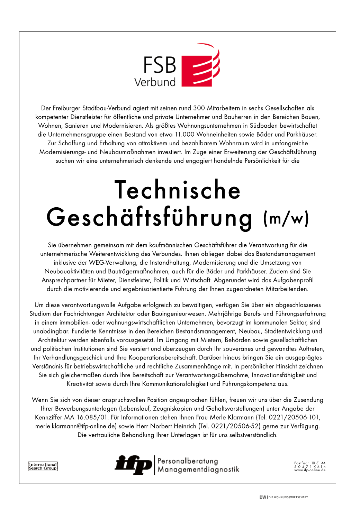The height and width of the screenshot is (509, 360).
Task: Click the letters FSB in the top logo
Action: (160, 65)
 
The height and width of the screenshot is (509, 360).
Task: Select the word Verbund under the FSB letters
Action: (155, 82)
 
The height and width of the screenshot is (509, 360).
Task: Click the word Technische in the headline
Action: (177, 190)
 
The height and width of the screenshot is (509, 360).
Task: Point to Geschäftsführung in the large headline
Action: (150, 218)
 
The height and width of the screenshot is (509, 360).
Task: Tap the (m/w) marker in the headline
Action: (286, 219)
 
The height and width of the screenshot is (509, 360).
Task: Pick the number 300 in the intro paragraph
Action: (199, 108)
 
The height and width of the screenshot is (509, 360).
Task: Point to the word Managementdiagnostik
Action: (198, 470)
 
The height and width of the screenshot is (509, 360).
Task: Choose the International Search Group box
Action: (43, 466)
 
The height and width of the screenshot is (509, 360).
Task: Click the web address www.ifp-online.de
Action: (310, 470)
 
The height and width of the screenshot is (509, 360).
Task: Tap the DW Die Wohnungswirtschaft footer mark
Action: (283, 497)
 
